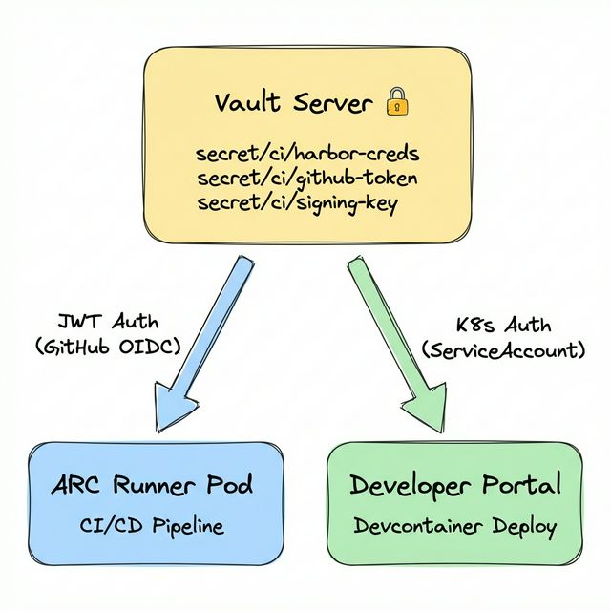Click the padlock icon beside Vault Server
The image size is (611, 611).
(x=396, y=102)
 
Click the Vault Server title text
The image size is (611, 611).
(x=292, y=104)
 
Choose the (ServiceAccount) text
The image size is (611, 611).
(x=503, y=349)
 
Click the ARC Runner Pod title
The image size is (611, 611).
(x=152, y=486)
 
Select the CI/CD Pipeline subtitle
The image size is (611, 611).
(x=153, y=526)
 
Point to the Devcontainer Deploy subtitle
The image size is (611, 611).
(x=454, y=526)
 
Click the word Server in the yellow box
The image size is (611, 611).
(x=333, y=104)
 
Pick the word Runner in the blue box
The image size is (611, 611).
(x=159, y=486)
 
